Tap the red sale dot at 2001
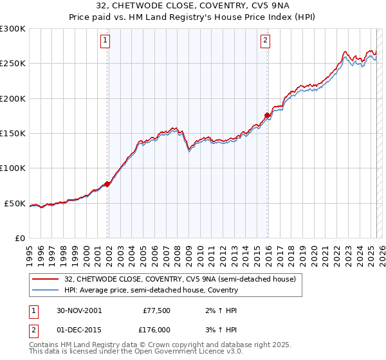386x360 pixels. pyautogui.click(x=107, y=184)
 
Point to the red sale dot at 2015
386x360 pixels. pyautogui.click(x=267, y=116)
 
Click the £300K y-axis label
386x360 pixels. pyautogui.click(x=13, y=29)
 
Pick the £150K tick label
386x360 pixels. pyautogui.click(x=13, y=134)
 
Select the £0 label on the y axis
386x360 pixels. pyautogui.click(x=19, y=239)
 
